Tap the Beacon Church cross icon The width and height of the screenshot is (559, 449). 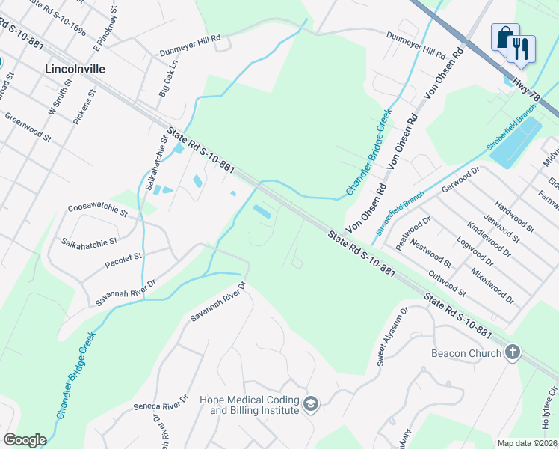tap(512, 352)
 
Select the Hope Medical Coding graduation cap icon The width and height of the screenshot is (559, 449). tap(311, 405)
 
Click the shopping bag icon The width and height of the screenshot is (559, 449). tap(504, 37)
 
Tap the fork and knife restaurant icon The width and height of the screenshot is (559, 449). tap(520, 49)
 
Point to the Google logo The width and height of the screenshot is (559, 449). tap(25, 440)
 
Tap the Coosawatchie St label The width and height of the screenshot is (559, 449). tap(98, 209)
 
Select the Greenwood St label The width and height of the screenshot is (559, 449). tap(28, 128)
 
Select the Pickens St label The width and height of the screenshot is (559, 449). tap(84, 108)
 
